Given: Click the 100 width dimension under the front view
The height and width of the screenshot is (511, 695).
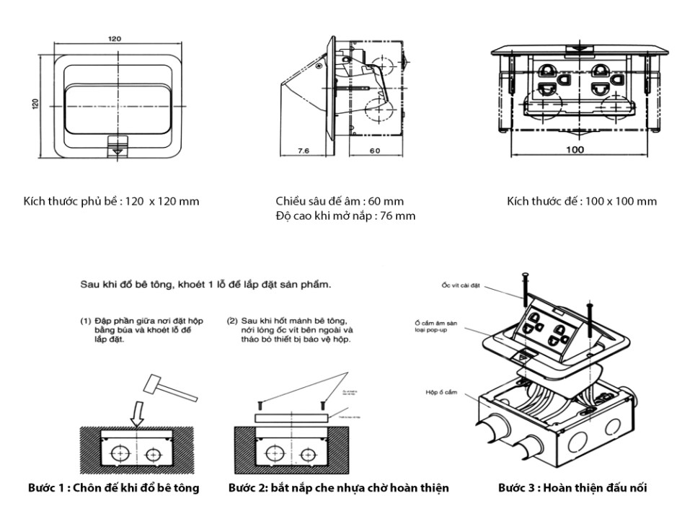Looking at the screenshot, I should pos(574,150).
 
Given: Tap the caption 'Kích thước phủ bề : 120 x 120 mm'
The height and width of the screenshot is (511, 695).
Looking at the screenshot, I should pos(111,201).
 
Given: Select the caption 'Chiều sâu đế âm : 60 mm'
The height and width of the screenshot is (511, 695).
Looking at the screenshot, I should pos(340,201).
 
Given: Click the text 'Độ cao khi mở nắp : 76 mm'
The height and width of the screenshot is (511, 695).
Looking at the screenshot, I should pos(345,215).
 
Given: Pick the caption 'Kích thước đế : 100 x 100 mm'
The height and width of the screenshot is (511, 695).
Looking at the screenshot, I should pos(581,201).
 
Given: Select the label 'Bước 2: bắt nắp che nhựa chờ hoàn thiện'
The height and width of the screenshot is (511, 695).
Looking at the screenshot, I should pos(338,488).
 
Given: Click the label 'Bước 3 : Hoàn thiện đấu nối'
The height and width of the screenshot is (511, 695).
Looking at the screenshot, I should pos(572,488).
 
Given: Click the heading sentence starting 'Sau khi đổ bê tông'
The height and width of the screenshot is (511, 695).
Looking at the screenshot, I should pos(205,285).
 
